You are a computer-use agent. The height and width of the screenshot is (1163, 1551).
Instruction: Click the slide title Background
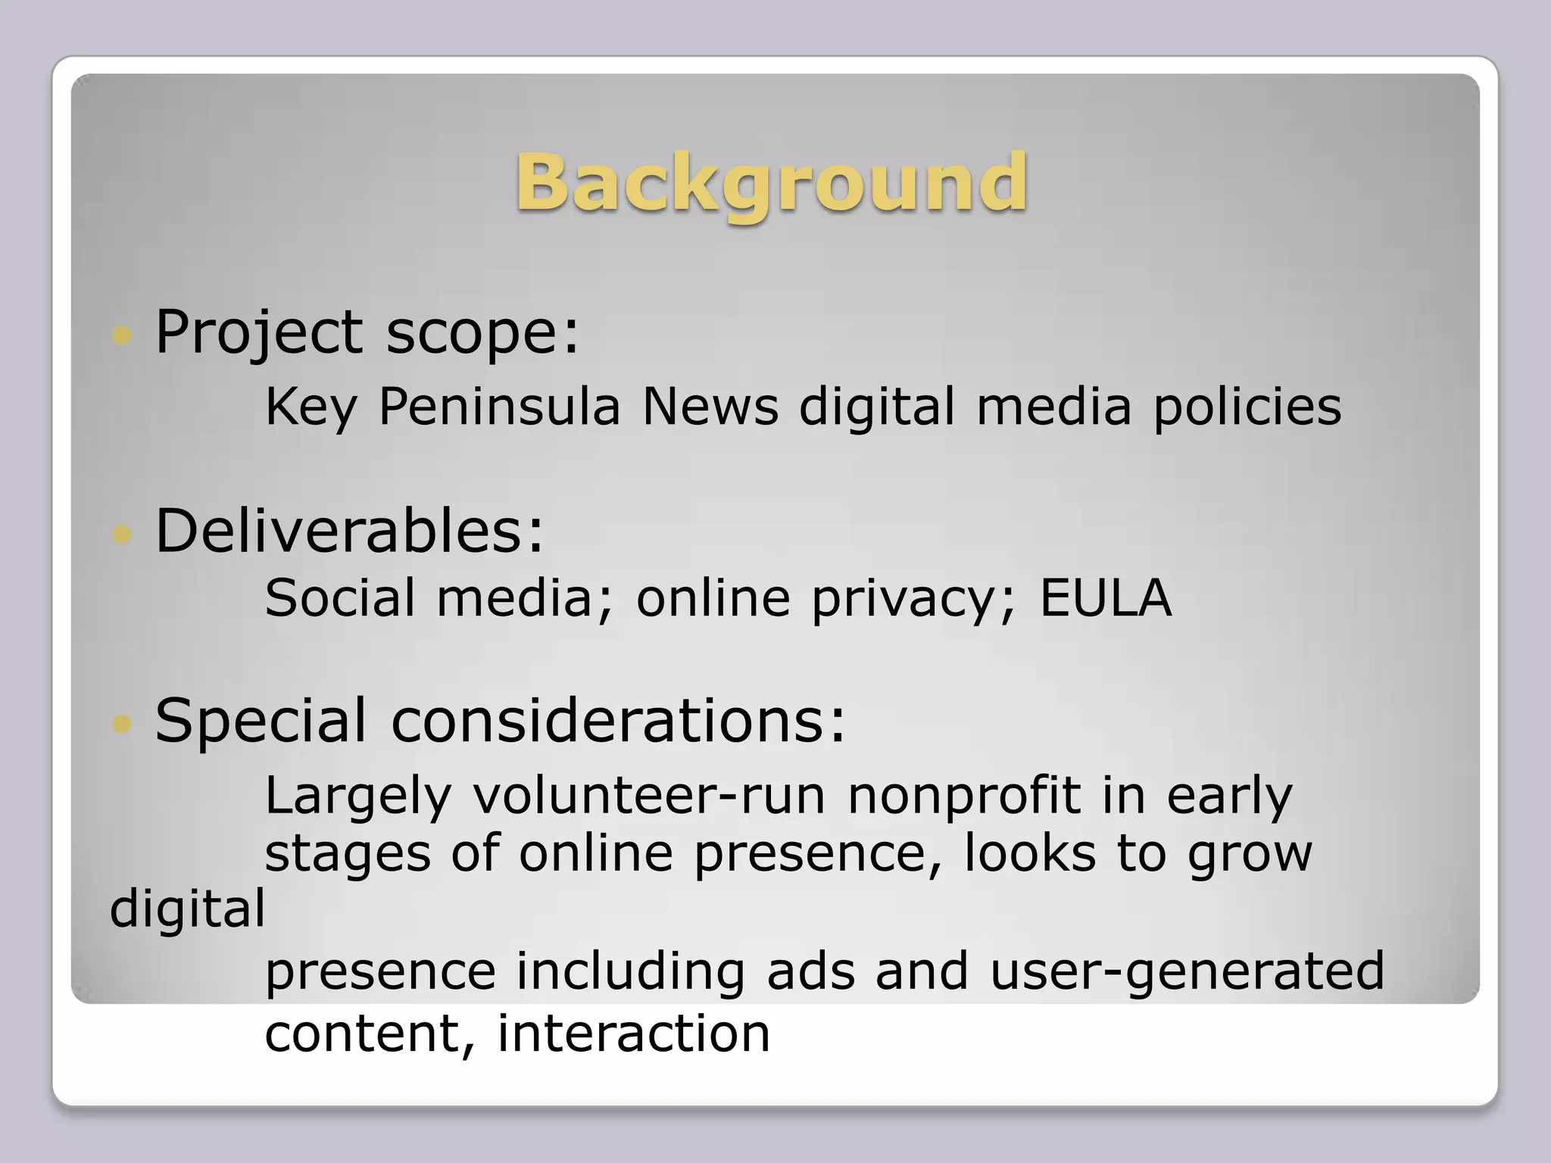click(772, 182)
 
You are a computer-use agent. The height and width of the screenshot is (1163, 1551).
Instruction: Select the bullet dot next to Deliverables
click(121, 535)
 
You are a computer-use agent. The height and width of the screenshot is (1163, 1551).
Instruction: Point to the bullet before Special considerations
click(121, 724)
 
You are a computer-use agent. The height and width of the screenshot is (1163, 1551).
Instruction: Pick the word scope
click(482, 332)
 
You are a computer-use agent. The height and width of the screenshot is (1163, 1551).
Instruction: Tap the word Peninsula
click(499, 407)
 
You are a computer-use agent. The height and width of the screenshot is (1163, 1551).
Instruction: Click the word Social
click(340, 597)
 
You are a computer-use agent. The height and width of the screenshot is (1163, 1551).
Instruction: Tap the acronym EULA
click(1106, 597)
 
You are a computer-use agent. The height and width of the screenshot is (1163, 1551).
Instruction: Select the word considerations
click(618, 720)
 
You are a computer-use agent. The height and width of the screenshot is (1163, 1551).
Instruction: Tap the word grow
click(1250, 854)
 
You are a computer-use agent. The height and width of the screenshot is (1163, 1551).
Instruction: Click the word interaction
click(633, 1033)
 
